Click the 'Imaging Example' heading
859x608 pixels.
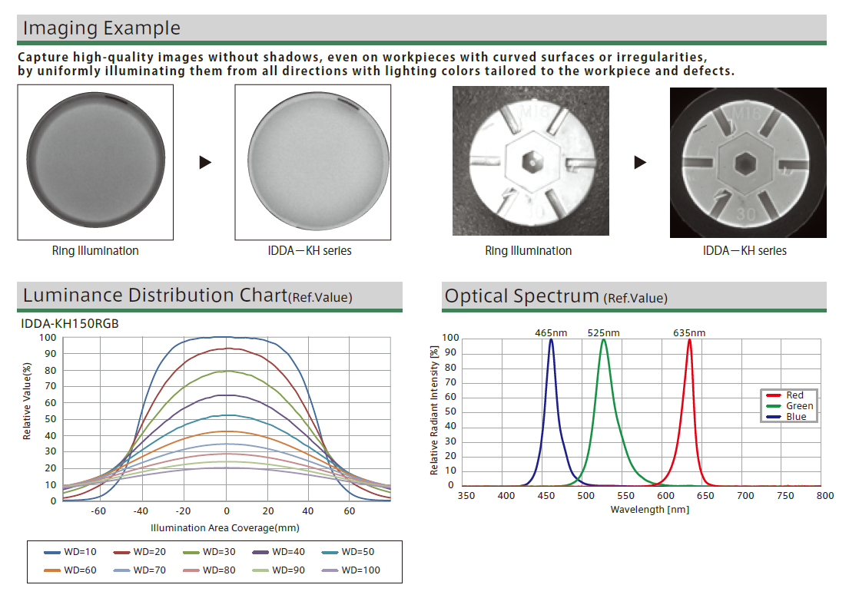[101, 28]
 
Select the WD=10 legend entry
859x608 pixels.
[74, 552]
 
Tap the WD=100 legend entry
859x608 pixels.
[353, 570]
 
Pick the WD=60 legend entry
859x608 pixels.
[74, 570]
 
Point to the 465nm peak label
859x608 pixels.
[551, 332]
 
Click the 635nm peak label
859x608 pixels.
[689, 332]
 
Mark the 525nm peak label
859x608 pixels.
[603, 332]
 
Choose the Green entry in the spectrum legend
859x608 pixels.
[794, 406]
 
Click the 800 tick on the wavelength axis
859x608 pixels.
[824, 496]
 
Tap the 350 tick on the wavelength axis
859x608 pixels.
[466, 496]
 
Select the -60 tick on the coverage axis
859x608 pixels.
[98, 511]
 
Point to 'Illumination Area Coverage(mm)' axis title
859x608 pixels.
[225, 527]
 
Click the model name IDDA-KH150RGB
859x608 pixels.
[70, 324]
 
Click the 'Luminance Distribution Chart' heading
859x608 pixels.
[154, 296]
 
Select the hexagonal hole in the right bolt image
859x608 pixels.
[745, 163]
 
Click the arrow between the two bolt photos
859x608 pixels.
[640, 162]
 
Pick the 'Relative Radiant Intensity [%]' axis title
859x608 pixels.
[435, 410]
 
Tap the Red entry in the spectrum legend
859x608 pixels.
[794, 395]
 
